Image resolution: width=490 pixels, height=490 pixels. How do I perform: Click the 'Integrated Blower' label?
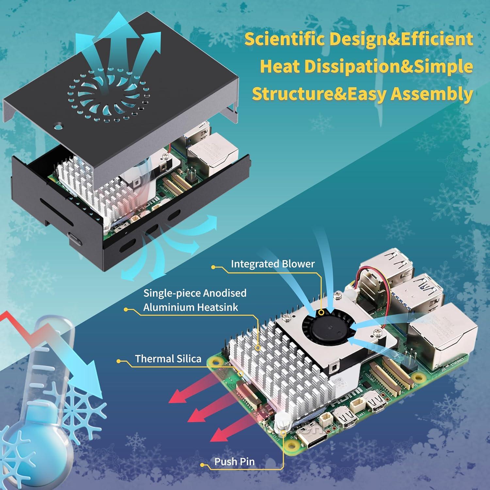click(x=272, y=264)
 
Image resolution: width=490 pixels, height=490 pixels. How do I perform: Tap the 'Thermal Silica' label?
click(x=168, y=359)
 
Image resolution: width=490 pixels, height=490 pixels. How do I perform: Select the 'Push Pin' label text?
click(x=234, y=462)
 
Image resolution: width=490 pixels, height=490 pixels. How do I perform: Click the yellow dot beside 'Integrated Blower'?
click(x=213, y=267)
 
